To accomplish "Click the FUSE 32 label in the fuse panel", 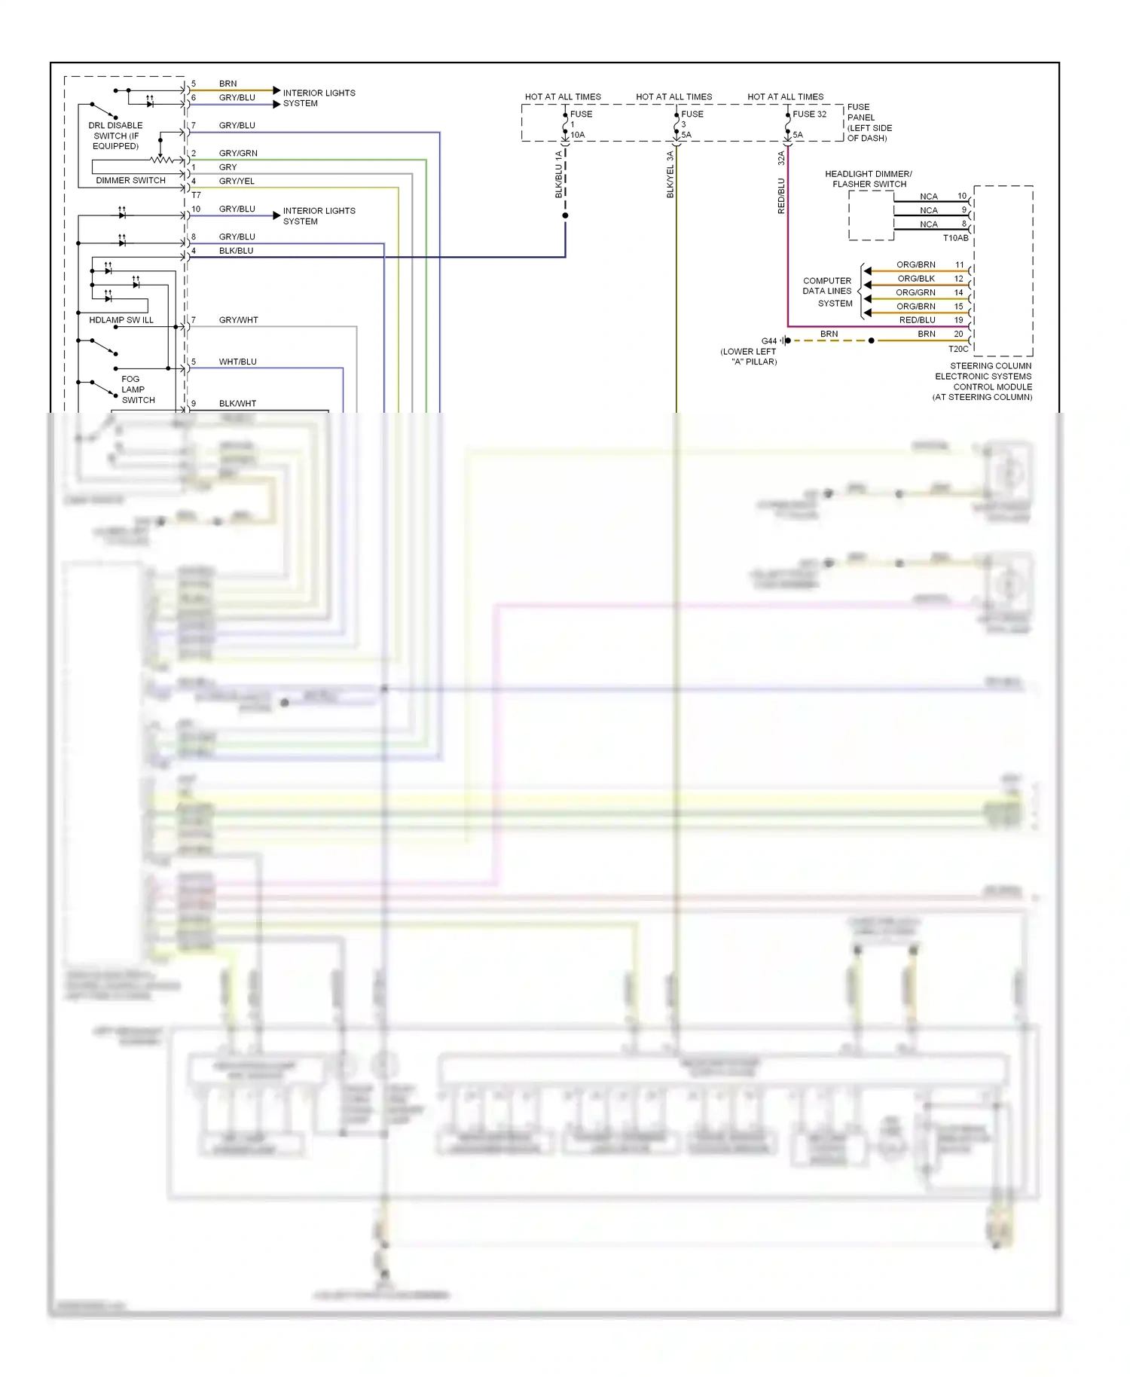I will point(809,114).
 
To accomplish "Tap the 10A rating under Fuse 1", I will point(577,135).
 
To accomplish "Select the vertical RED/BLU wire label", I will point(781,196).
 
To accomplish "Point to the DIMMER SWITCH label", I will point(130,181).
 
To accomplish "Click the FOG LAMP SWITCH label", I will point(137,389).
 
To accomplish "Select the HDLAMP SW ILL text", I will point(121,320).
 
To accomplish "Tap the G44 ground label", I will point(768,341).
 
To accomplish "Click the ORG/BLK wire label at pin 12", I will point(915,279).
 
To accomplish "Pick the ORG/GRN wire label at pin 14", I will point(915,292).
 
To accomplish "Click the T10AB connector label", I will point(955,238).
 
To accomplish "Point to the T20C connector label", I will point(957,349).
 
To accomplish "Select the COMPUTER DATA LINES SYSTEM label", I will point(827,292).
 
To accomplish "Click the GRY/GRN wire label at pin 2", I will point(238,154).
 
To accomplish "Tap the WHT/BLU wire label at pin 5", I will point(237,362).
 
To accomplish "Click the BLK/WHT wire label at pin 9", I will point(237,404).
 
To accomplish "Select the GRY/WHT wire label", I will point(238,320).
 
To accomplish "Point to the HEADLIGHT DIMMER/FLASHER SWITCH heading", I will point(869,179).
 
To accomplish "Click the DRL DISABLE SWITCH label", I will point(115,136).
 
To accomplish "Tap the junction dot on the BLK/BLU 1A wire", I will point(565,215).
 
